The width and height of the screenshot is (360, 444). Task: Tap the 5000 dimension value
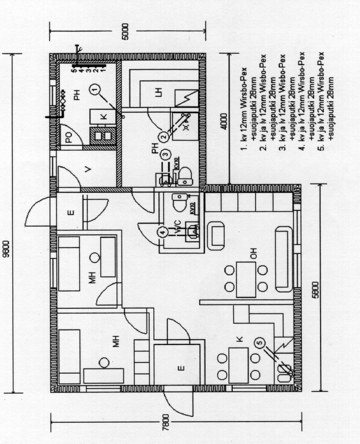click(125, 31)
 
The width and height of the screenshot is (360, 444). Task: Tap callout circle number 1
click(94, 89)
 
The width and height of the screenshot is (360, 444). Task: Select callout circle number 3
click(166, 155)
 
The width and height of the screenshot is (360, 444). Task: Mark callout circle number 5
click(259, 345)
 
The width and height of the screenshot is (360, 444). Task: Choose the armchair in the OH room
click(216, 235)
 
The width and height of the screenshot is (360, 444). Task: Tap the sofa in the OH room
click(283, 259)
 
